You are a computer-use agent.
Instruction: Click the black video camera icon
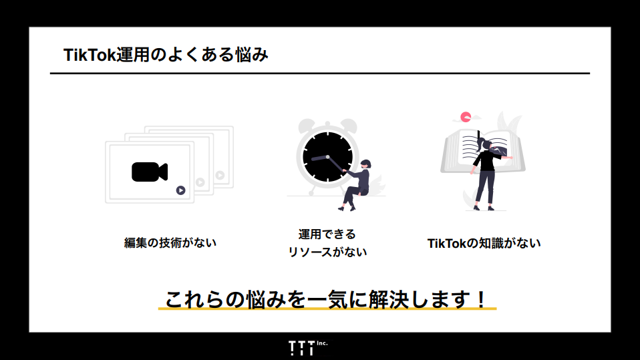click(149, 172)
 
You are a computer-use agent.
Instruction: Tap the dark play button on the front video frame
click(180, 190)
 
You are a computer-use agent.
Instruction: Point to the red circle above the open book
click(466, 116)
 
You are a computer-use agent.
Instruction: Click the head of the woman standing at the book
click(487, 144)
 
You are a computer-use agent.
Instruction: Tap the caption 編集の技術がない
click(170, 243)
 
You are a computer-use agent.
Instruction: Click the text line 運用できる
click(327, 234)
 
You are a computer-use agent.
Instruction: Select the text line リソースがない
click(327, 252)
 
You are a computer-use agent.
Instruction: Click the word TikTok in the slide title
click(90, 55)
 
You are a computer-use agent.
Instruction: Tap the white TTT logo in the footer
click(301, 348)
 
